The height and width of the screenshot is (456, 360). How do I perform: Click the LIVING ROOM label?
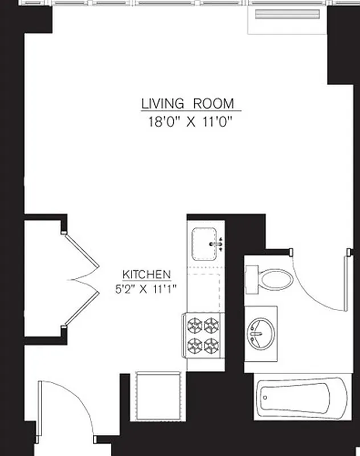tap(187, 104)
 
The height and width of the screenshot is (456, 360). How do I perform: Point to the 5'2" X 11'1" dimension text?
tap(146, 288)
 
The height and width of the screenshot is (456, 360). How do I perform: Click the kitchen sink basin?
tap(203, 243)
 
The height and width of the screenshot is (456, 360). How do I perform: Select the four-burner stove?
tap(203, 336)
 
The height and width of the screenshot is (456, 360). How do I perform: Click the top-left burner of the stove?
tap(195, 325)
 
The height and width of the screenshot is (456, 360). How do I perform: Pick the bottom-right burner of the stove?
tap(212, 345)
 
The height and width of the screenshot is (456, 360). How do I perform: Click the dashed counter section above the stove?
tap(203, 292)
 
